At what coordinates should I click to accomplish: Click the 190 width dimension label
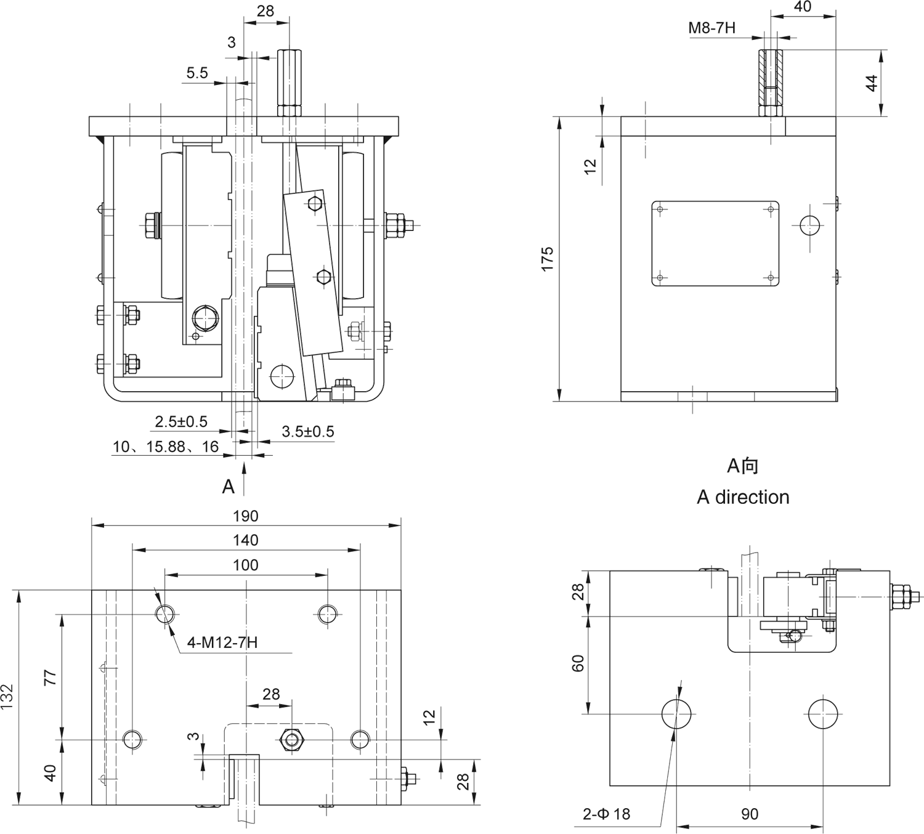(246, 516)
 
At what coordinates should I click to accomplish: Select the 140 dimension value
(246, 540)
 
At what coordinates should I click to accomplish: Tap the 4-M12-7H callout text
(222, 643)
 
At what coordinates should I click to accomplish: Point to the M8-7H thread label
(711, 28)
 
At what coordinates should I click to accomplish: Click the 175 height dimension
(547, 259)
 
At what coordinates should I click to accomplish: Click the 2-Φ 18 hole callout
(606, 814)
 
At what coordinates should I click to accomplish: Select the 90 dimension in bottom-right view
(750, 814)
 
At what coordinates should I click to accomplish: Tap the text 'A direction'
(743, 497)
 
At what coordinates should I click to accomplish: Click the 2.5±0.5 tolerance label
(181, 422)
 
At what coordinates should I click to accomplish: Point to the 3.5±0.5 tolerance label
(308, 431)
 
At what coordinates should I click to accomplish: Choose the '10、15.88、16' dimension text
(166, 447)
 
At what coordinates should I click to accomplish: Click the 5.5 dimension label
(197, 73)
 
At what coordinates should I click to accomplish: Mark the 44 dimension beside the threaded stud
(872, 83)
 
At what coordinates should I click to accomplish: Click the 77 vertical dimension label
(51, 676)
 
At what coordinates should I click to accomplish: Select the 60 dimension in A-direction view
(578, 663)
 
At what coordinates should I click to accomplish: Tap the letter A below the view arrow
(228, 487)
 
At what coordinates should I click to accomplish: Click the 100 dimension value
(246, 565)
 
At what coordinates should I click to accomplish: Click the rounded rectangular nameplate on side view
(715, 243)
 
